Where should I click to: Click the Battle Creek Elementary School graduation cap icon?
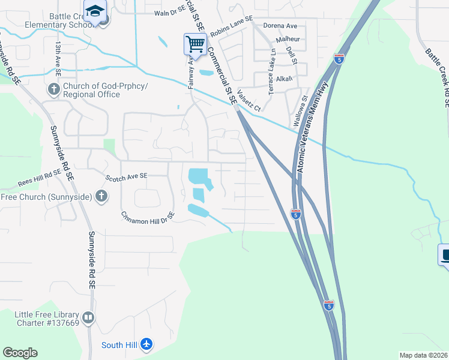(95, 11)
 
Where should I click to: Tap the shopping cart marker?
(195, 44)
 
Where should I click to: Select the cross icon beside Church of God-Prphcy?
(53, 90)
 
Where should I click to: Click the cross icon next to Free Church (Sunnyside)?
(102, 196)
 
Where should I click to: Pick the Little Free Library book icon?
(88, 317)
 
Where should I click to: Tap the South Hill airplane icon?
(146, 344)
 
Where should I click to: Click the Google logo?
(20, 353)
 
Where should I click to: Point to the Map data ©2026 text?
(423, 355)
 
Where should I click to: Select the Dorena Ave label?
(280, 26)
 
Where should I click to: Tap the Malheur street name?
(287, 39)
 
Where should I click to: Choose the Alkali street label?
(285, 79)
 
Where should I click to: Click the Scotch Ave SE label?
(127, 177)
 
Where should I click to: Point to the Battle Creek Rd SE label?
(436, 78)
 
